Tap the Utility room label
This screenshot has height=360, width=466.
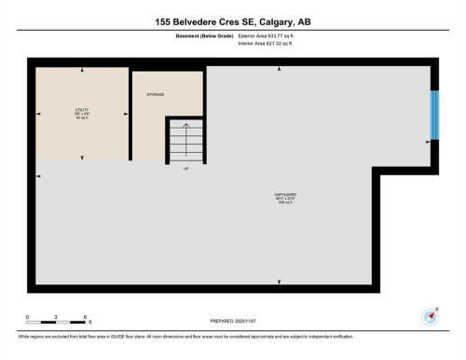[x=81, y=116]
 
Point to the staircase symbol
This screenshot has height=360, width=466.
[x=185, y=141]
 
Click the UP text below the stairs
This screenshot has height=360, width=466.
[x=186, y=169]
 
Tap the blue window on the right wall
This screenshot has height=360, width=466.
[x=433, y=114]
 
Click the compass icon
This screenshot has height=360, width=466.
[x=432, y=314]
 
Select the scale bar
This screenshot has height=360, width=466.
[x=56, y=324]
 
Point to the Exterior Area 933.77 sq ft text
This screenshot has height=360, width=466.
[x=271, y=35]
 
